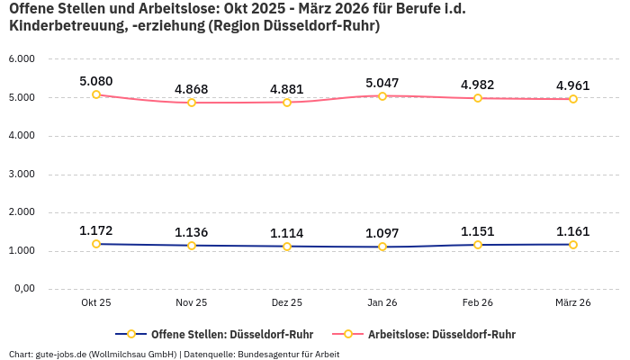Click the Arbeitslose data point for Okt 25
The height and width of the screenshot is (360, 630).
96,94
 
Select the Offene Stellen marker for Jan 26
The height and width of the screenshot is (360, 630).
382,247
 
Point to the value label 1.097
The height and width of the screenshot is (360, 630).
382,233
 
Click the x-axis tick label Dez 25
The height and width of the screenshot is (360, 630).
287,303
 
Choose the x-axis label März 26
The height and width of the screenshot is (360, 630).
573,303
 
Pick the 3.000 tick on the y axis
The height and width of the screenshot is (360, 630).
22,174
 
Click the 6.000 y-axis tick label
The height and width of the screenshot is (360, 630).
22,58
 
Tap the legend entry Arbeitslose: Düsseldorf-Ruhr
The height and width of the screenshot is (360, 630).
441,334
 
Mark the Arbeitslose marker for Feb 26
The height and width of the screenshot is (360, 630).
478,97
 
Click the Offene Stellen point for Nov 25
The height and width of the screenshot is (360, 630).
192,245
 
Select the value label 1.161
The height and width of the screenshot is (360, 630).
573,230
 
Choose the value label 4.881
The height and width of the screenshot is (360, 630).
287,88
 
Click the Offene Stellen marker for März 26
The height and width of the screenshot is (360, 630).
573,244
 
